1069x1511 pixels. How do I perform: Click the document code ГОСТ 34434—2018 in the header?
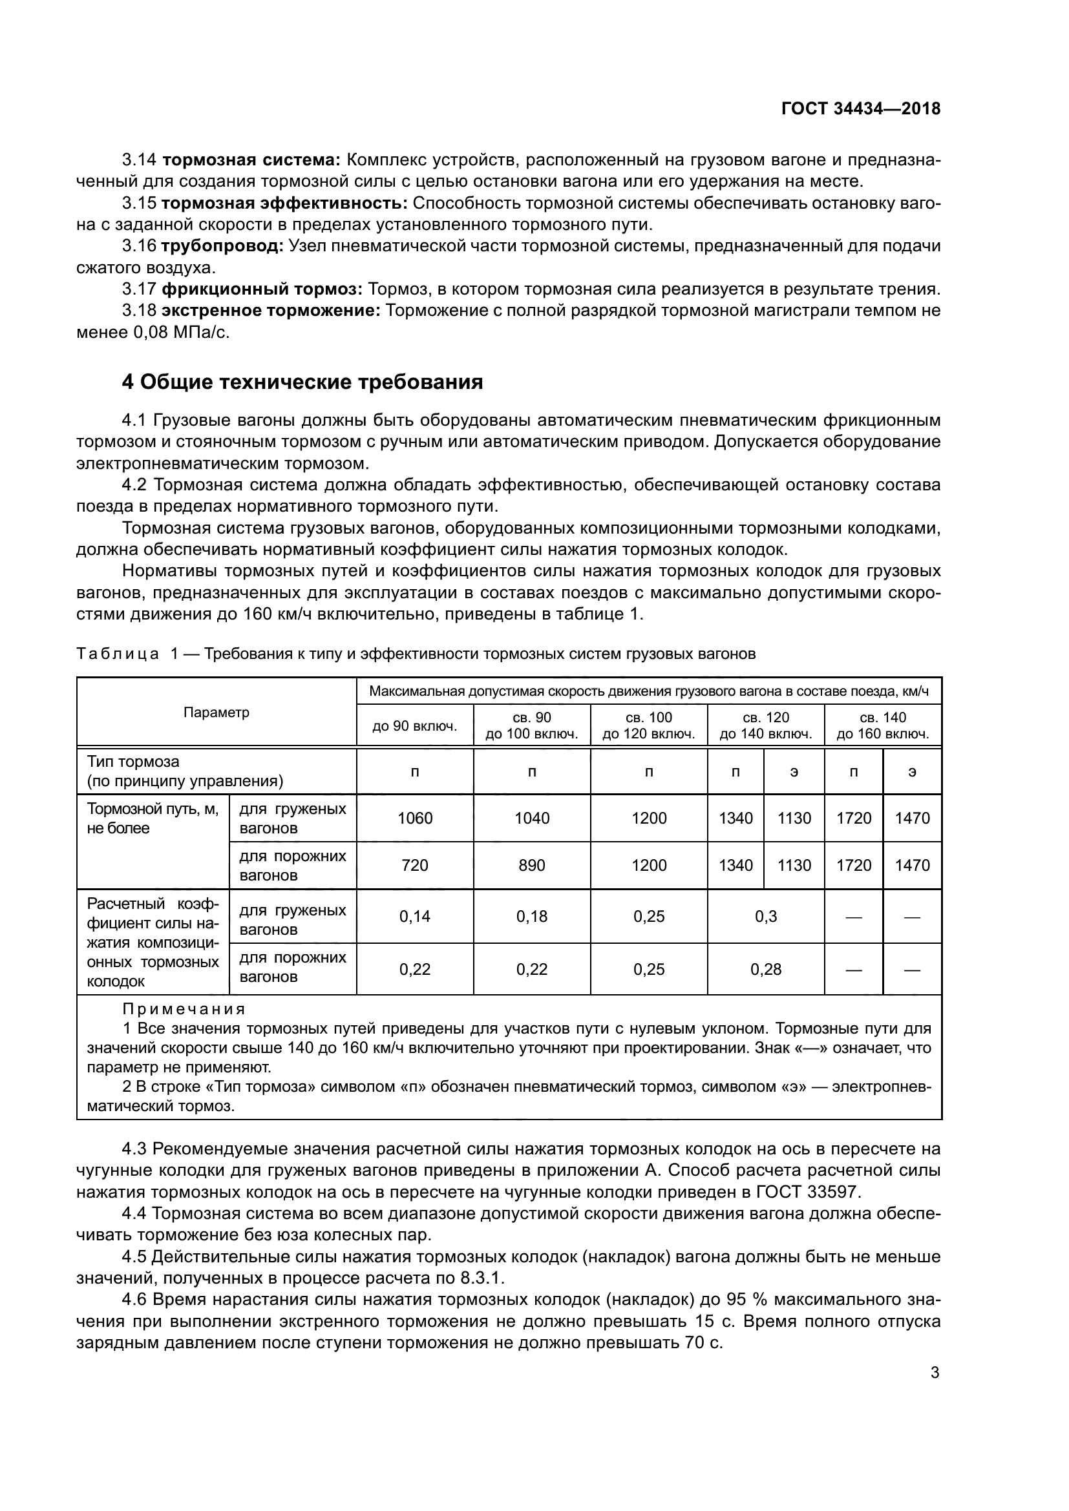click(860, 109)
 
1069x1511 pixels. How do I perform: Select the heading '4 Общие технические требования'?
click(302, 382)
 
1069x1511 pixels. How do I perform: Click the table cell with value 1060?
click(415, 818)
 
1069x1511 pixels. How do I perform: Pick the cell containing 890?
click(531, 866)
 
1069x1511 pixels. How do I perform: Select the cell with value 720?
click(415, 866)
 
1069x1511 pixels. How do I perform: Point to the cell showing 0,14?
click(415, 916)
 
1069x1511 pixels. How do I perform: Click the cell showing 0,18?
click(531, 916)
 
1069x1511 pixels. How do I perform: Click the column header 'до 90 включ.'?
click(415, 726)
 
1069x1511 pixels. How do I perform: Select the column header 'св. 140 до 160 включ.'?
click(883, 726)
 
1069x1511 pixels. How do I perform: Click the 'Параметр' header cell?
click(216, 712)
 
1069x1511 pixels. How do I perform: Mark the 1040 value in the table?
click(531, 818)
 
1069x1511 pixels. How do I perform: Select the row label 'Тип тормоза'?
click(134, 762)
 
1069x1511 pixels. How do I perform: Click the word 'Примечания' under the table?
click(184, 1010)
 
